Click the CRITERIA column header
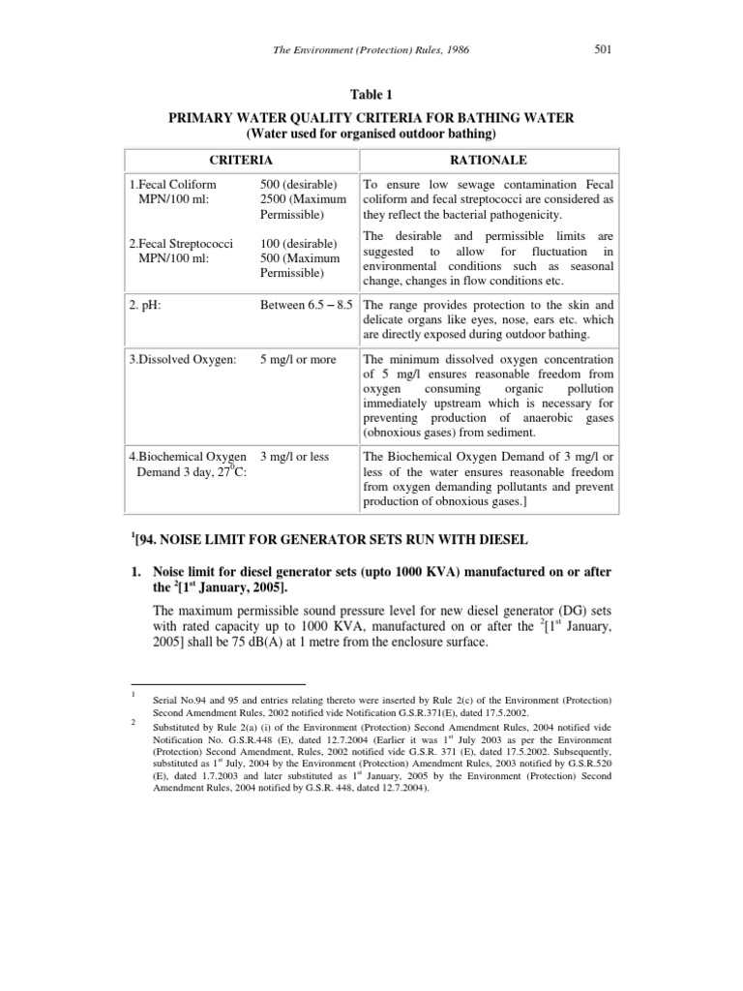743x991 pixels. (x=242, y=159)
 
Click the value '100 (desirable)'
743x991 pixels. (x=298, y=242)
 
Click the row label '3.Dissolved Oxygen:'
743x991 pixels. (x=185, y=359)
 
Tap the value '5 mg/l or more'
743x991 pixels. (x=298, y=359)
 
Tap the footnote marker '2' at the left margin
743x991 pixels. (x=131, y=721)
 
